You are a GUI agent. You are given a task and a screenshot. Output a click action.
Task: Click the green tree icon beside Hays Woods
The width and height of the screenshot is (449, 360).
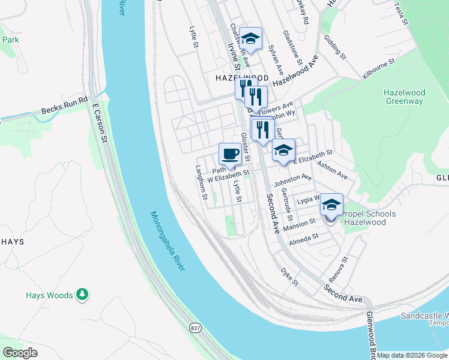coord(82,295)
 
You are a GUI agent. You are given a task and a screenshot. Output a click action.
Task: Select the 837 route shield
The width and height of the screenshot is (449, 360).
coord(195,328)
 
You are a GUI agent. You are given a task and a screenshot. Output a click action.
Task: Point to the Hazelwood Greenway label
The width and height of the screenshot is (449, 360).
coord(404,97)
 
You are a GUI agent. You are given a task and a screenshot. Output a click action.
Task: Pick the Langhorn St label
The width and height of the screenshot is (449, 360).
coord(201,182)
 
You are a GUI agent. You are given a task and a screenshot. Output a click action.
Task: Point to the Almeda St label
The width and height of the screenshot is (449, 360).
coord(304,238)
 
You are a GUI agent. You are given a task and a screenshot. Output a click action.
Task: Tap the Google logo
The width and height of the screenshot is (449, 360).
coord(20,353)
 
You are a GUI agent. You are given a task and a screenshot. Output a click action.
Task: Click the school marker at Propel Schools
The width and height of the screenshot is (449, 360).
coord(331,206)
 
